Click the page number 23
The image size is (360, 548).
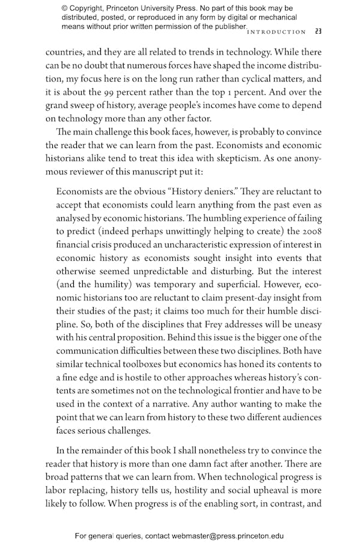[318, 32]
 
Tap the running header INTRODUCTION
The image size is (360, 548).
[277, 32]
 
